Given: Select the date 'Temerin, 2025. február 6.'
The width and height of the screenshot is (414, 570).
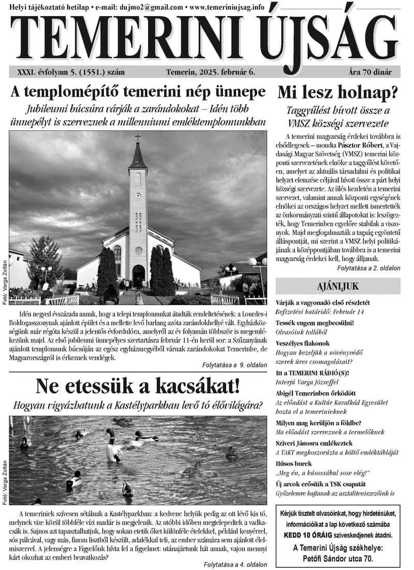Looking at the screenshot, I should pos(211,72).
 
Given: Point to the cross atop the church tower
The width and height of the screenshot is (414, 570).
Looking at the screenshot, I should pos(138,138).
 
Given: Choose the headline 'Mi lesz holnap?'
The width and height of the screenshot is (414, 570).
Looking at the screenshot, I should pos(337,93).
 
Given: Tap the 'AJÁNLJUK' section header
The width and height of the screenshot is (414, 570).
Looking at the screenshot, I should pos(337,286).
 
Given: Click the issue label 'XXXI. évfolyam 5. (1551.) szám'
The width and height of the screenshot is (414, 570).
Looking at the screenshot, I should pos(71,72).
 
